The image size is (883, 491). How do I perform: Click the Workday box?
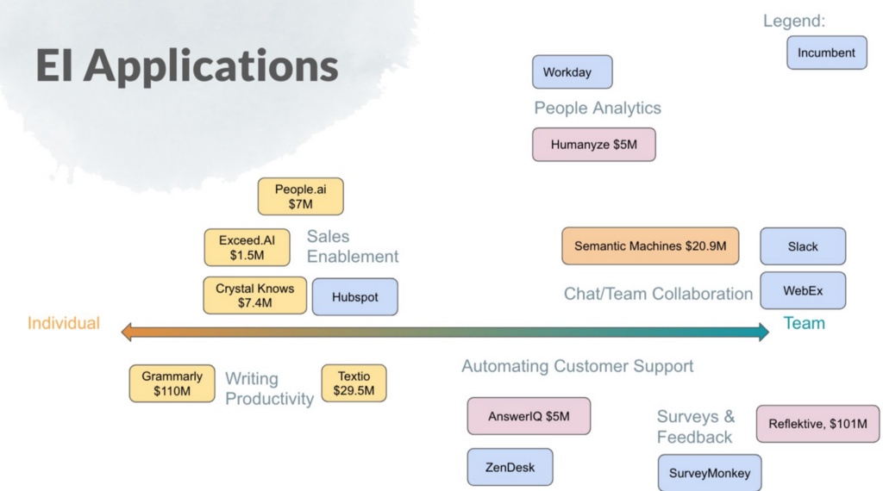pyautogui.click(x=573, y=72)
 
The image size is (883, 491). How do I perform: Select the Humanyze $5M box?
pyautogui.click(x=594, y=145)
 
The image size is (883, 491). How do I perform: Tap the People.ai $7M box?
pyautogui.click(x=301, y=196)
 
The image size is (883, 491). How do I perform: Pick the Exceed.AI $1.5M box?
pyautogui.click(x=247, y=247)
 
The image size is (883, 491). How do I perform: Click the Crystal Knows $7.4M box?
pyautogui.click(x=255, y=295)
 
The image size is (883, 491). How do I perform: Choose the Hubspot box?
pyautogui.click(x=354, y=297)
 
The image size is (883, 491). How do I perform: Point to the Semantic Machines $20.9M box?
pyautogui.click(x=650, y=245)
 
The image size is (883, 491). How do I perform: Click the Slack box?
pyautogui.click(x=803, y=246)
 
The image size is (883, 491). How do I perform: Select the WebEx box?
pyautogui.click(x=803, y=291)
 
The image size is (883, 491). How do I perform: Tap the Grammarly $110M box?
pyautogui.click(x=172, y=383)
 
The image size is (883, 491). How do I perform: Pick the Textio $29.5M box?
pyautogui.click(x=354, y=383)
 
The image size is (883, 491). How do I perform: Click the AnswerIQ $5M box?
pyautogui.click(x=529, y=416)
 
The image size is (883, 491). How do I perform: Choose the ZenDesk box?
pyautogui.click(x=510, y=467)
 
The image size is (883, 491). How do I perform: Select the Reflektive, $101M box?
pyautogui.click(x=817, y=424)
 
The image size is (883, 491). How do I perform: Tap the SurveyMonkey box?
pyautogui.click(x=710, y=473)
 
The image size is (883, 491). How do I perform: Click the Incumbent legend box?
pyautogui.click(x=827, y=53)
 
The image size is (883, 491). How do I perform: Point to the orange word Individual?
pyautogui.click(x=64, y=323)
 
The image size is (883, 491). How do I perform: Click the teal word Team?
pyautogui.click(x=805, y=323)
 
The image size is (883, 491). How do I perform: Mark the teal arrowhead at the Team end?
pyautogui.click(x=764, y=332)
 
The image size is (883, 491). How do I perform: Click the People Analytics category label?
pyautogui.click(x=598, y=108)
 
